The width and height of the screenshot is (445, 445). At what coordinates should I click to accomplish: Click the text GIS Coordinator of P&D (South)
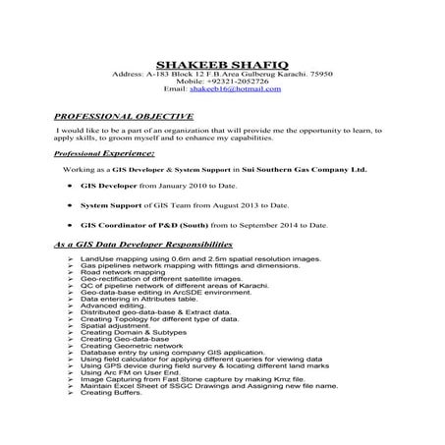coord(146,225)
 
